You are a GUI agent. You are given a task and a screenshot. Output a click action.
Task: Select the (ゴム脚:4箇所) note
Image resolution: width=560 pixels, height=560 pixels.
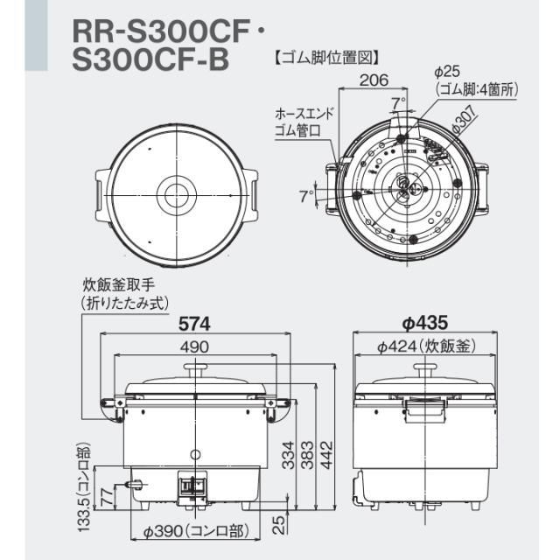[x=478, y=89]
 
